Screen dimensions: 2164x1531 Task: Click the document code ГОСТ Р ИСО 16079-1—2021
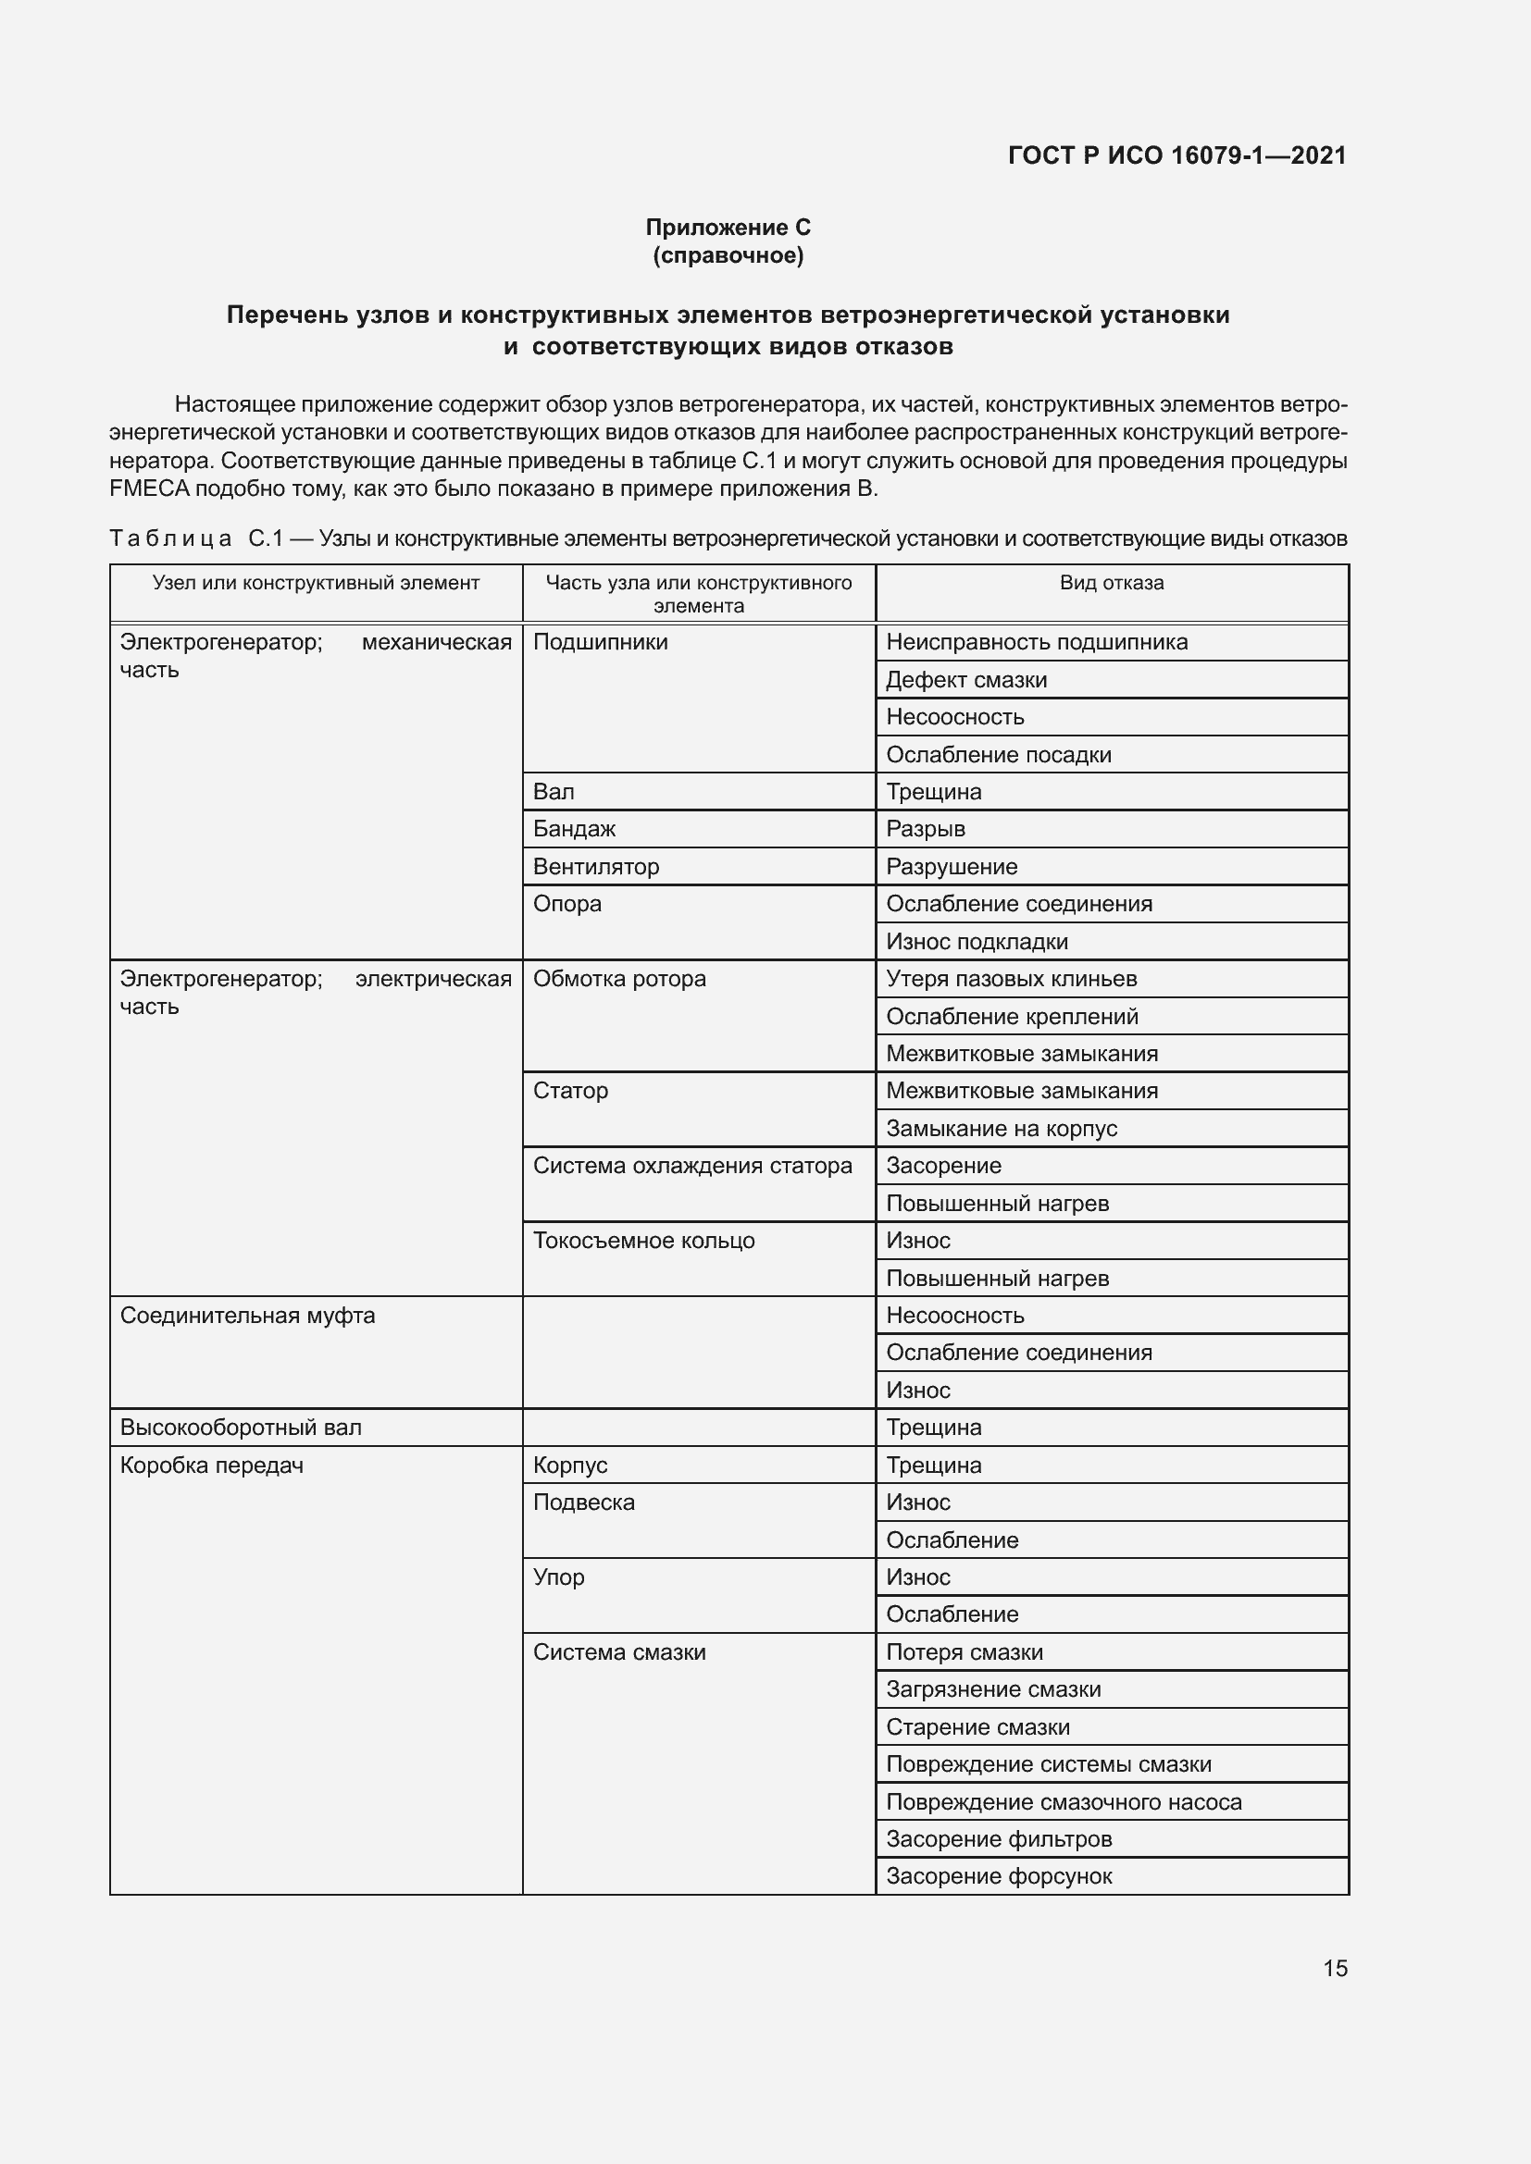point(1176,155)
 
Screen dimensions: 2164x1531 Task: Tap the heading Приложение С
point(728,228)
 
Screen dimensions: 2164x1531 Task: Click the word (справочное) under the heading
point(728,255)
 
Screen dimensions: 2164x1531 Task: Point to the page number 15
point(1335,1969)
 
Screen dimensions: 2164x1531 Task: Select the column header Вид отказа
point(1112,584)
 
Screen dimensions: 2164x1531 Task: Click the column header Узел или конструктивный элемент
point(316,584)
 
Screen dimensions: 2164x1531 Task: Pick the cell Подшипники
point(601,643)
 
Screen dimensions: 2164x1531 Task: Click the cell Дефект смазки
point(966,681)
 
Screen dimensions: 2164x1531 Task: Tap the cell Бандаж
point(574,829)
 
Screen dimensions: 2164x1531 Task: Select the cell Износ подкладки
point(977,942)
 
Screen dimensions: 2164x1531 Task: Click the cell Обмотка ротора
point(619,979)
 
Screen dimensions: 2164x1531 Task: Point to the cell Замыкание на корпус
point(1002,1129)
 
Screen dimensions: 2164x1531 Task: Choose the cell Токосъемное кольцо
point(644,1242)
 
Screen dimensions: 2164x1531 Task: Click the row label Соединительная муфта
point(247,1316)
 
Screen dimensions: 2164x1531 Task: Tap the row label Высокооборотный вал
point(241,1428)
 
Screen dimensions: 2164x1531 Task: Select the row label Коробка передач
point(211,1465)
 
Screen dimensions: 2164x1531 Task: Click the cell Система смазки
point(619,1652)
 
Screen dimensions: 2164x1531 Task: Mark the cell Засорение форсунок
point(999,1876)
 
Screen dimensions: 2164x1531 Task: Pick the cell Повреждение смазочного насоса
point(1064,1802)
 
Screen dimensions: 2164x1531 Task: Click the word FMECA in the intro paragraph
point(149,489)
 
